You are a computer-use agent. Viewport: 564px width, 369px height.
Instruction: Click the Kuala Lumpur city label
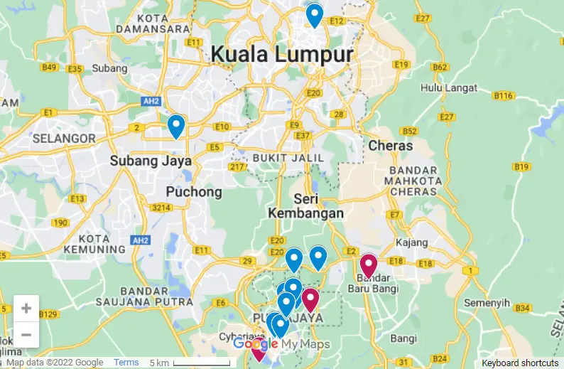point(281,55)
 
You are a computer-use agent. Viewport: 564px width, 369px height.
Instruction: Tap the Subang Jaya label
point(151,161)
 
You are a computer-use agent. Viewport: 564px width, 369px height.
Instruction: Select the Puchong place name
point(193,192)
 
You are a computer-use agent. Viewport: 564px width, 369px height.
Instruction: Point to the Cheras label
point(390,145)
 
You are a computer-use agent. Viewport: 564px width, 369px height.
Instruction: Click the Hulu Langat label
point(441,87)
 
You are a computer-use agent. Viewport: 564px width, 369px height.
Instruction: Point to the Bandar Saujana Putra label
point(153,297)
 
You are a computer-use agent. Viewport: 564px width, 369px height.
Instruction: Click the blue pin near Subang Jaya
point(175,126)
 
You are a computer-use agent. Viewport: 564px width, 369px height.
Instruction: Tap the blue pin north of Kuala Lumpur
point(314,15)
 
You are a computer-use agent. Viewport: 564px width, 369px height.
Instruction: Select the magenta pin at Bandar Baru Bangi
point(368,266)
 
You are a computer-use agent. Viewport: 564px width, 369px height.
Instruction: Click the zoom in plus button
point(26,309)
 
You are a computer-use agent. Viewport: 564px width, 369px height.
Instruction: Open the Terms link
point(126,363)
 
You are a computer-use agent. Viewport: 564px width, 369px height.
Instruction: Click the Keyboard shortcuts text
point(520,363)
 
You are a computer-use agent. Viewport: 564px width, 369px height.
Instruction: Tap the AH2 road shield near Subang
point(150,102)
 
